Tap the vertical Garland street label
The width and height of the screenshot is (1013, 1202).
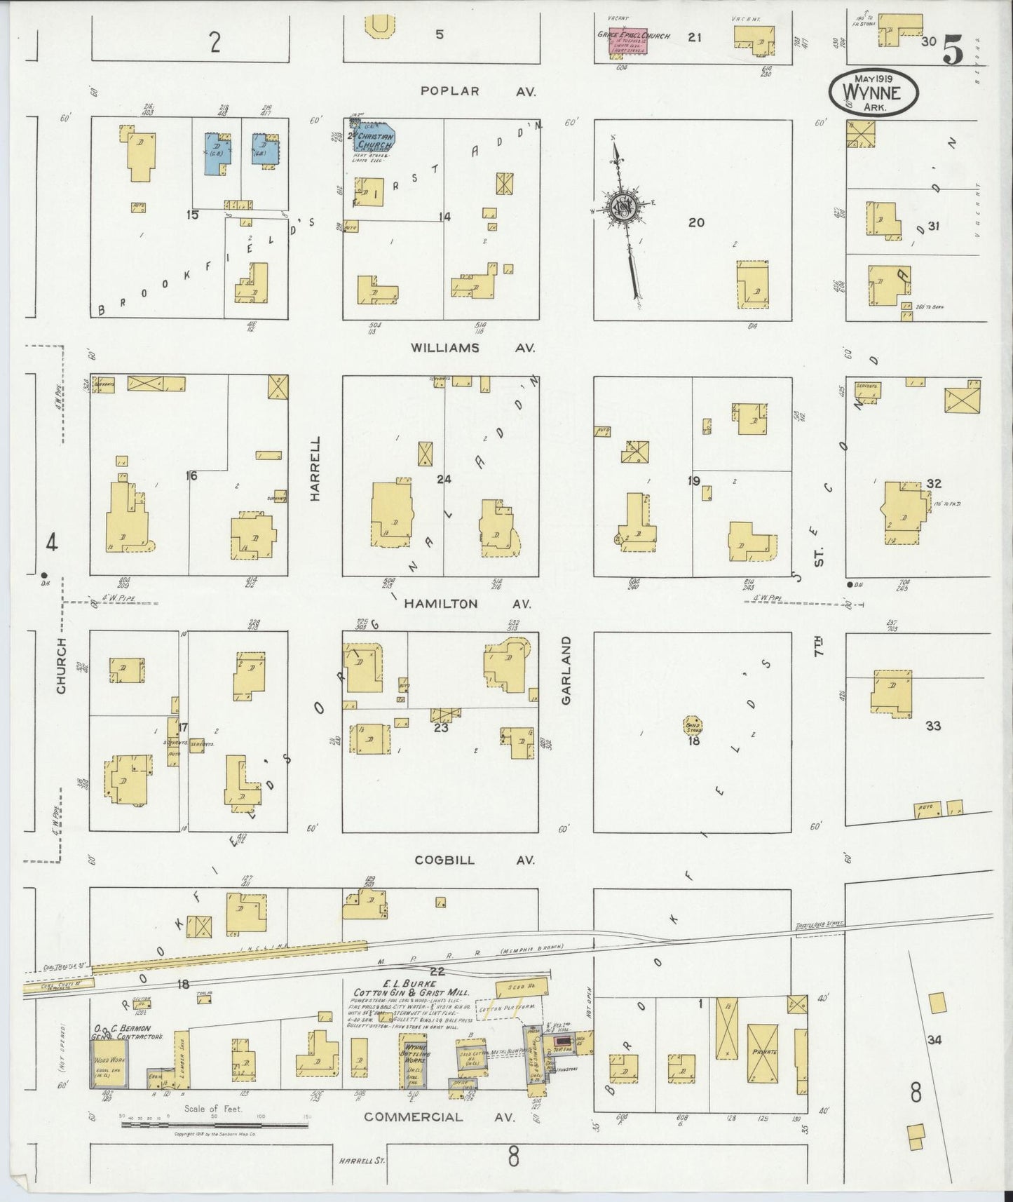567,670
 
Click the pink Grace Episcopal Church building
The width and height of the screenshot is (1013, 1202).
623,40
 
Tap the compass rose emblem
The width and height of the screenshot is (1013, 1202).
622,207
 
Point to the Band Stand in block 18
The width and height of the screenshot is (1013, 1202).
693,725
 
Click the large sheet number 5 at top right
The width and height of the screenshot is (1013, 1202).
953,50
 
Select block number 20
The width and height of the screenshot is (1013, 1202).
695,223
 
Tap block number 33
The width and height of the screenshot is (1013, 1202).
932,726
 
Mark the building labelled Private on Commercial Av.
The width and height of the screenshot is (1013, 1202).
763,1052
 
